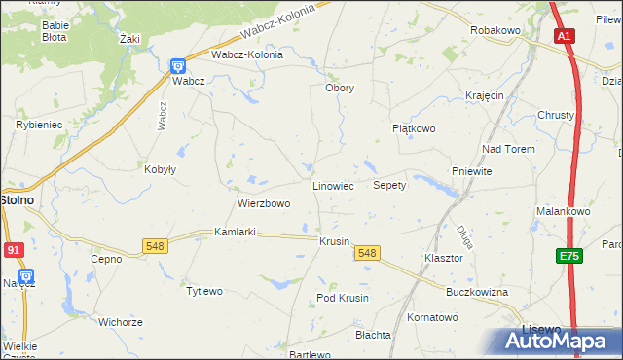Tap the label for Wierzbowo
[x=264, y=204]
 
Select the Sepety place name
[x=389, y=185]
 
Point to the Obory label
[x=339, y=88]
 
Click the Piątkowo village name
[x=414, y=128]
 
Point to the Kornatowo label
[x=432, y=317]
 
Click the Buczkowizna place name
[x=477, y=292]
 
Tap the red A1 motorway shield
[x=564, y=36]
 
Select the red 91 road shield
[x=13, y=250]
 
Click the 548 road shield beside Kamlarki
[x=155, y=246]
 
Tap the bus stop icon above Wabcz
[x=178, y=65]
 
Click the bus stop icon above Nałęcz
[x=26, y=277]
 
